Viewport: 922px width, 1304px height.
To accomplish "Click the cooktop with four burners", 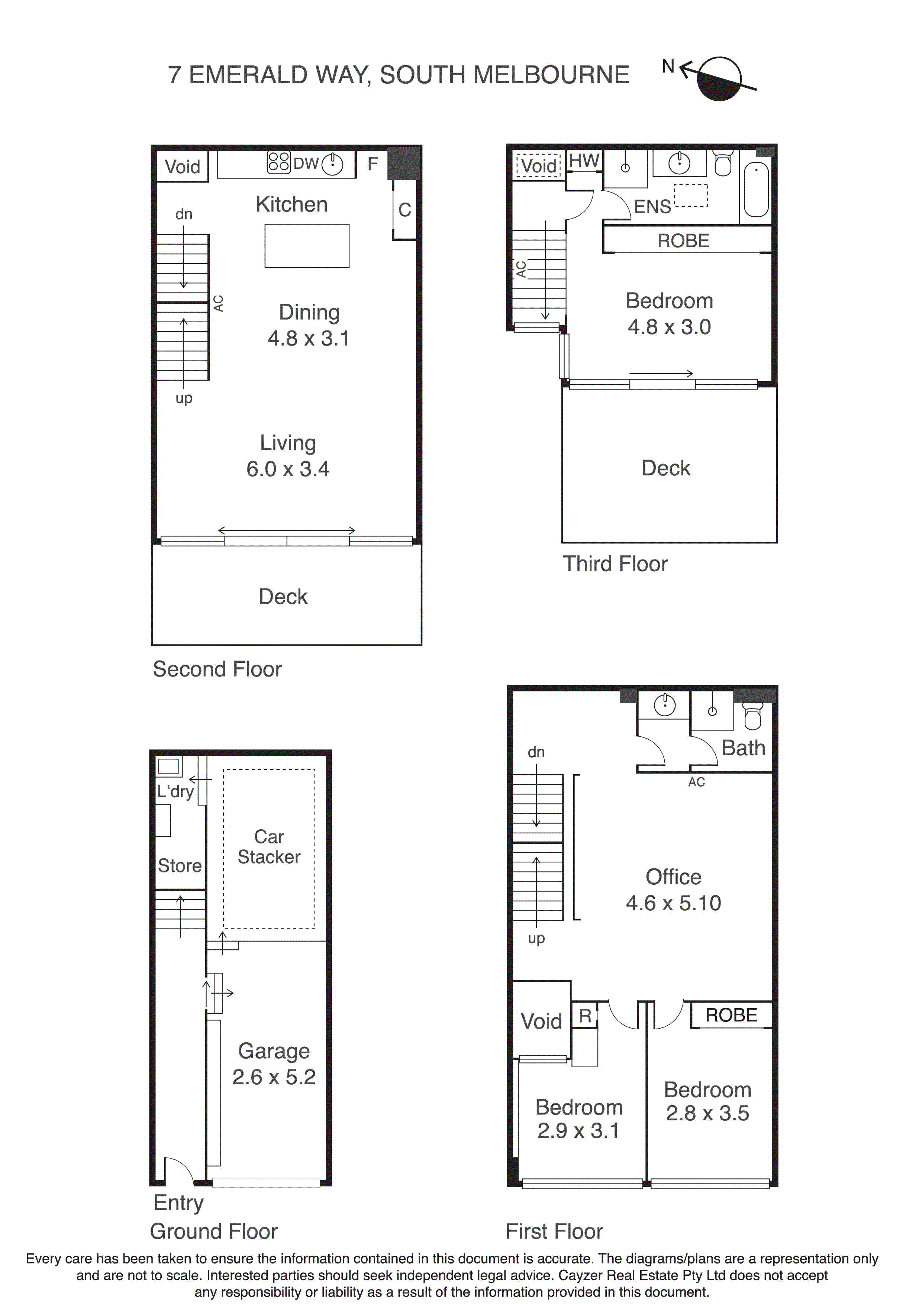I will [x=278, y=161].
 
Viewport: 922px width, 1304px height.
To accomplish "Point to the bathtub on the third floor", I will [x=756, y=190].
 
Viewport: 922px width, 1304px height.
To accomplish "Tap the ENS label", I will [x=652, y=207].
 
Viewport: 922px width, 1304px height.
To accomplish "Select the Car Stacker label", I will [x=269, y=846].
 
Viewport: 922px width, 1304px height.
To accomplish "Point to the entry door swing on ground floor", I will [x=178, y=1171].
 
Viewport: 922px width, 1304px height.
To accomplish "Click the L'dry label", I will [x=175, y=791].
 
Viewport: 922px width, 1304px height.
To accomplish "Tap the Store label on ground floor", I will [x=180, y=865].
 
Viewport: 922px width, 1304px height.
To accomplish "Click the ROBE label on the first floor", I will [x=731, y=1015].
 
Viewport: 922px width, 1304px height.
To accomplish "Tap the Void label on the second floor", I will [x=182, y=167].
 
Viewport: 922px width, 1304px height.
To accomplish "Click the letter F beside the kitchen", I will [x=373, y=164].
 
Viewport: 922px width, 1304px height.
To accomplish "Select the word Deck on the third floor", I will [x=666, y=468].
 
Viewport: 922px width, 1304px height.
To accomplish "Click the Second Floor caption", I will [x=217, y=669].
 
